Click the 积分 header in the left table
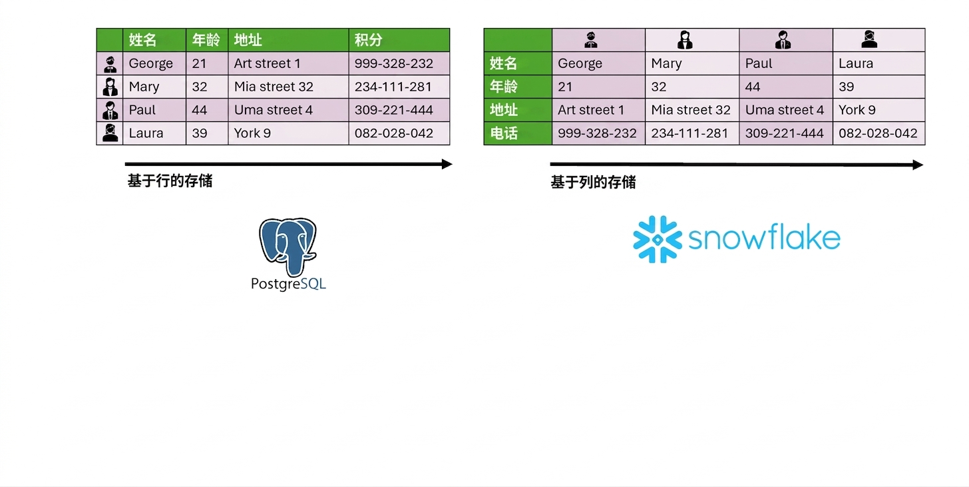(x=368, y=40)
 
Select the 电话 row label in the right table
(x=504, y=133)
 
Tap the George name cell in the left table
(x=150, y=64)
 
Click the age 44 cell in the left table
(x=200, y=110)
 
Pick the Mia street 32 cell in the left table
(x=274, y=87)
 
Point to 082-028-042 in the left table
(x=394, y=133)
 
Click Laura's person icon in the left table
(x=110, y=133)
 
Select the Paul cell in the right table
(x=758, y=64)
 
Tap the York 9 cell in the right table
(x=857, y=110)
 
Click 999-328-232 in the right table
(x=597, y=133)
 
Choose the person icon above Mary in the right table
(x=685, y=40)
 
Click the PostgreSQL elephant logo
(x=288, y=246)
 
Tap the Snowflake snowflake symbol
(x=658, y=239)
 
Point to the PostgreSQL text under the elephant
(x=288, y=284)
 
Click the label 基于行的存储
(x=170, y=181)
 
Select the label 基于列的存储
(x=593, y=183)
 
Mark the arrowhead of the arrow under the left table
(x=448, y=164)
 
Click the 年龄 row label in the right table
(x=504, y=87)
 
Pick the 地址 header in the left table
(x=248, y=40)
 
